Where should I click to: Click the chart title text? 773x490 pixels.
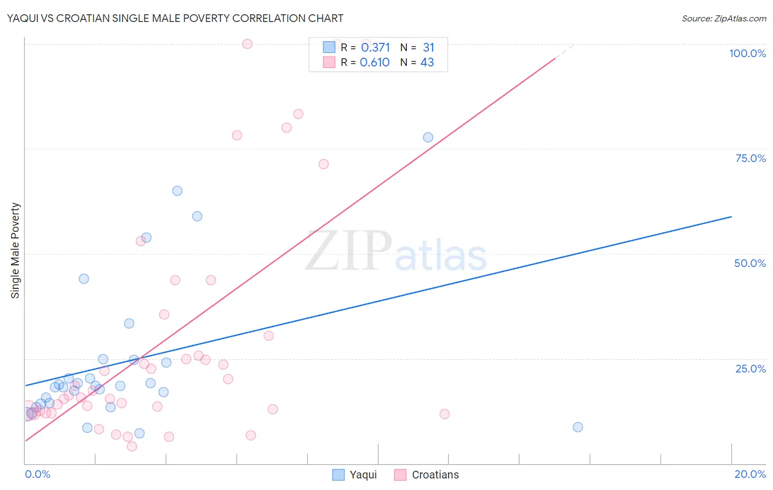click(175, 18)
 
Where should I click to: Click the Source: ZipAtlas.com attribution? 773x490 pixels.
click(724, 18)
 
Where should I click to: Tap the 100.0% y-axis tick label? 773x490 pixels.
click(747, 53)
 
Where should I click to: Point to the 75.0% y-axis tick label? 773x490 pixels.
click(750, 158)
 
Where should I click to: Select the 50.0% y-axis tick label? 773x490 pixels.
click(750, 263)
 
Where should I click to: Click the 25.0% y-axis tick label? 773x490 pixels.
click(750, 368)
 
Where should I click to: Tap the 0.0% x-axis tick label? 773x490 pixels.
click(37, 474)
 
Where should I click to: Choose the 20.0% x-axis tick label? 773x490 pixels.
click(750, 474)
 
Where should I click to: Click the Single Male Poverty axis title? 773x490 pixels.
click(15, 250)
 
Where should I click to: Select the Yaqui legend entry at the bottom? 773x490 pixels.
click(355, 475)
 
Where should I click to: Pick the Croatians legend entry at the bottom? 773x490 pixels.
click(427, 475)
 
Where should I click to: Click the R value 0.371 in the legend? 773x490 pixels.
click(375, 47)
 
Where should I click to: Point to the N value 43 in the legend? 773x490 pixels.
click(427, 62)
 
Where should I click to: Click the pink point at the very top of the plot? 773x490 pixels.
click(247, 44)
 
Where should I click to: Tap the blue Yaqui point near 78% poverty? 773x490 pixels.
click(428, 137)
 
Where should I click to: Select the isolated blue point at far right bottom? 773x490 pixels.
click(578, 427)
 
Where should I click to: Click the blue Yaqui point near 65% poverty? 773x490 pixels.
click(177, 191)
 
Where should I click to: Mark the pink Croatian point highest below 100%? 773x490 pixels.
click(298, 114)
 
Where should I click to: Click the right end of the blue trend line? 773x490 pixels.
click(731, 217)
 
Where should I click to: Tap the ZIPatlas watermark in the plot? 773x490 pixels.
click(396, 252)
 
